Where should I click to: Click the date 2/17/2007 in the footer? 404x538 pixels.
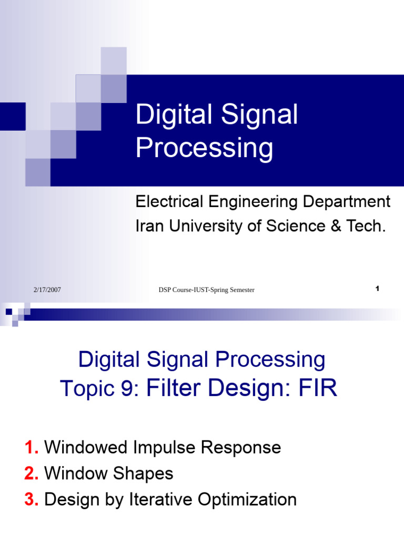pos(47,290)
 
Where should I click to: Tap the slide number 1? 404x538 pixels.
pos(378,288)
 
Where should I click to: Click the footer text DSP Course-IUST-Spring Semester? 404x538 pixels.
pos(206,290)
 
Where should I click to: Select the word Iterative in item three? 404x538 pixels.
pos(162,499)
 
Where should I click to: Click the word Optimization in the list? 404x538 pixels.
pos(251,500)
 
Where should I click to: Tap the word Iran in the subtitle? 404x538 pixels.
pos(149,226)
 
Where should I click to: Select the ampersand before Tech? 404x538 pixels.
pos(335,226)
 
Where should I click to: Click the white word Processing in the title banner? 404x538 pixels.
pos(204,149)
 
